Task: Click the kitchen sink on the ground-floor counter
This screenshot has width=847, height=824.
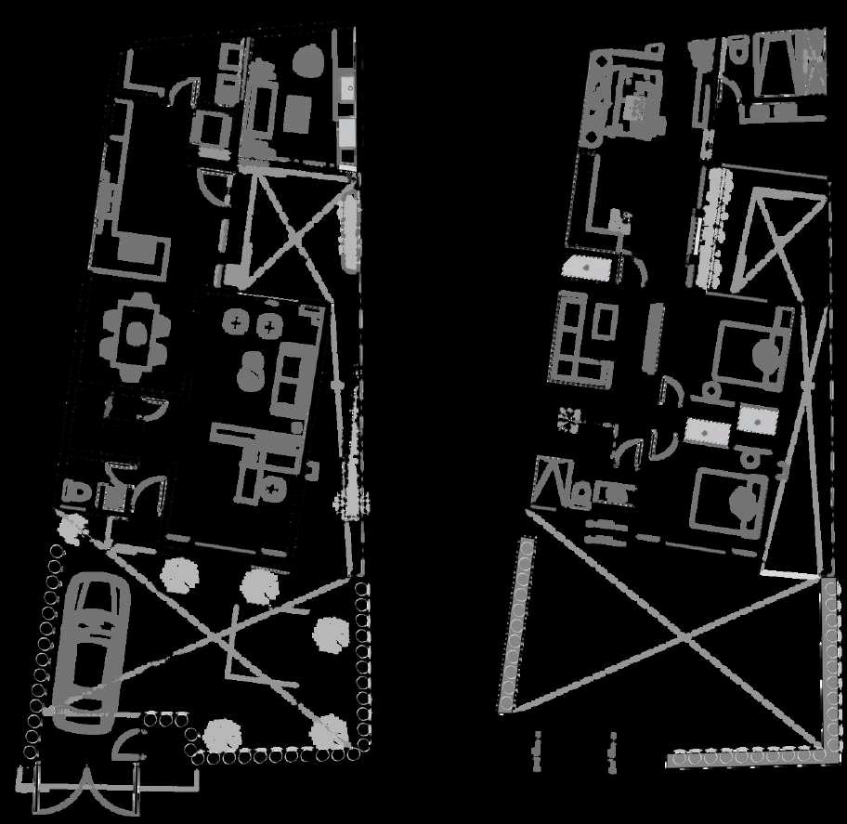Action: point(347,88)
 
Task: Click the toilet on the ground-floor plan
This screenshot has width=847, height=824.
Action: point(75,494)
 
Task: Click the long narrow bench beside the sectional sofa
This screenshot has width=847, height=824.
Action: point(651,334)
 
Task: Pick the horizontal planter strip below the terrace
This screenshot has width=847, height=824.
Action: point(743,758)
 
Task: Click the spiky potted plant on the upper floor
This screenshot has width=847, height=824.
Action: point(567,421)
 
